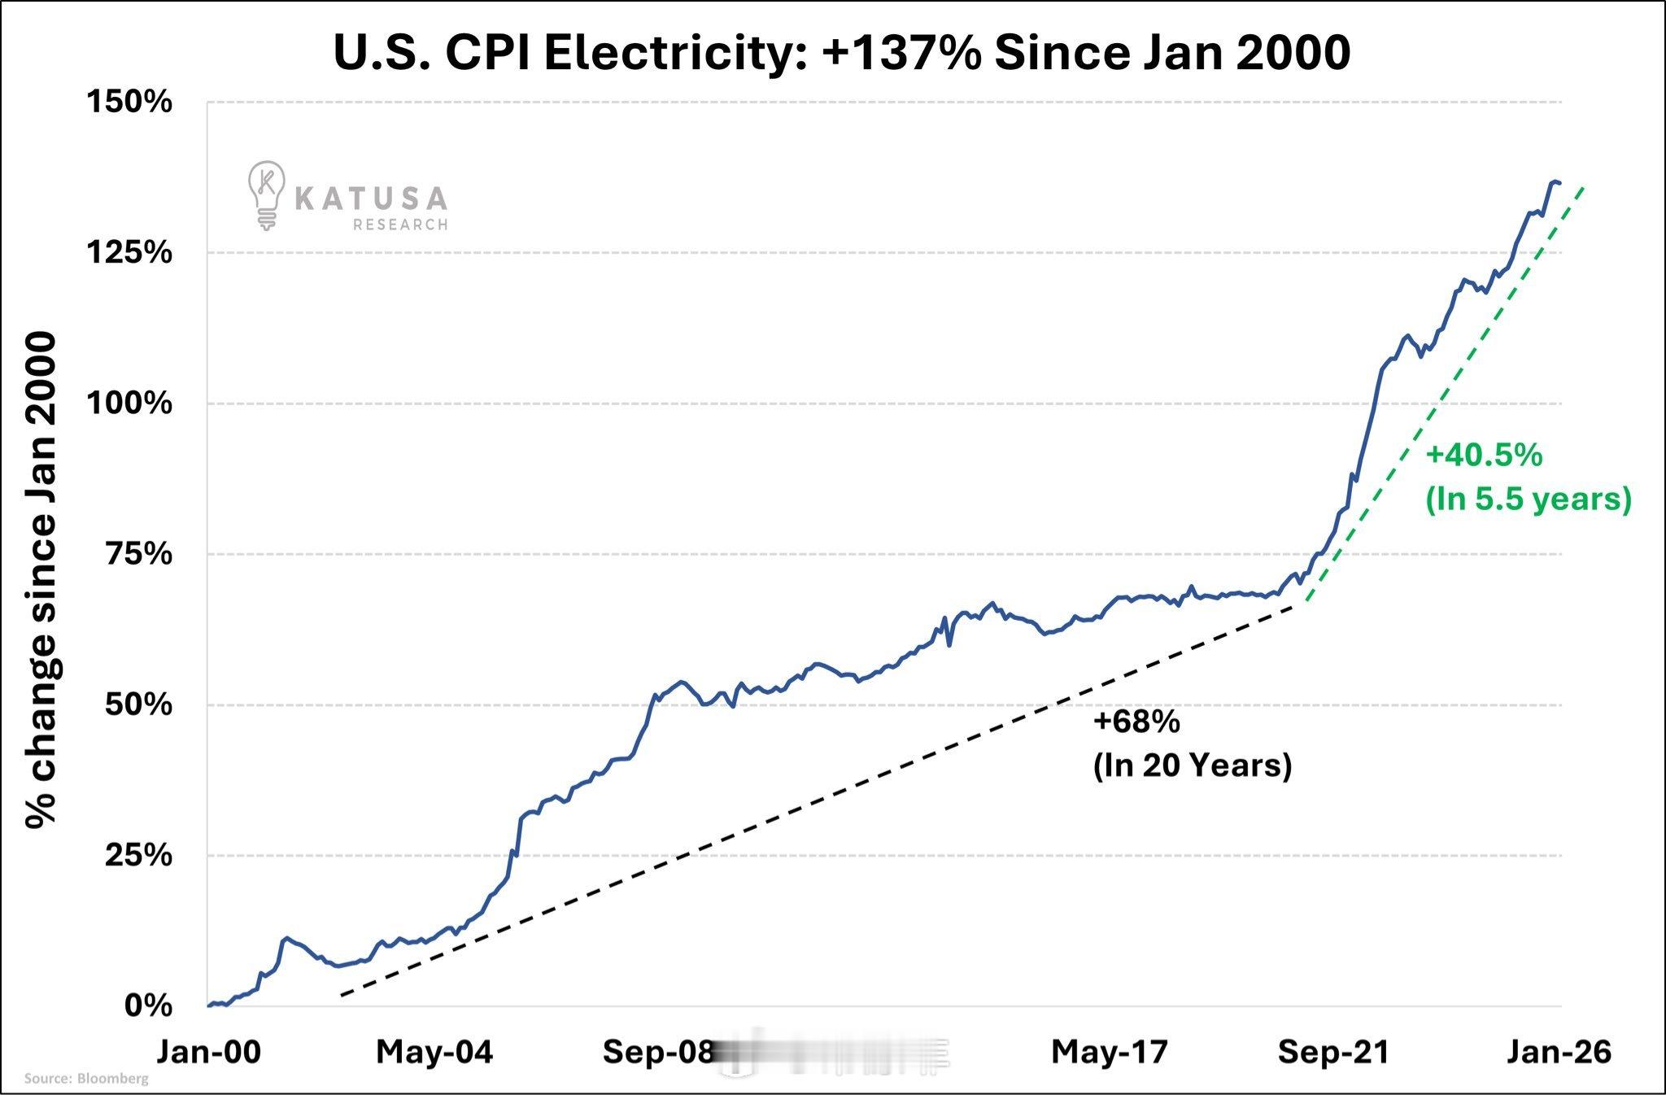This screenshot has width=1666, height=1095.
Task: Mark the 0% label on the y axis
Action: coord(148,1006)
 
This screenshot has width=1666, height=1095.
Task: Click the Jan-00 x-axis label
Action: coord(209,1052)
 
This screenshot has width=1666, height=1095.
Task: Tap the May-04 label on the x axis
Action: coord(434,1052)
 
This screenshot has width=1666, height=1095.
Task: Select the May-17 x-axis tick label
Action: coord(1110,1052)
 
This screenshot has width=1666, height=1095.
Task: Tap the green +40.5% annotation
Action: coord(1484,456)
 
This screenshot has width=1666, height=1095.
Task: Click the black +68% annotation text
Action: coord(1136,722)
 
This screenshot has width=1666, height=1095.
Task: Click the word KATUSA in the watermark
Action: coord(370,198)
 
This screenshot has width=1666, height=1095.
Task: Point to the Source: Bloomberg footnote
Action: coord(86,1079)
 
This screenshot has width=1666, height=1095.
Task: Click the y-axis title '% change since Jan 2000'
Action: coord(41,579)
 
